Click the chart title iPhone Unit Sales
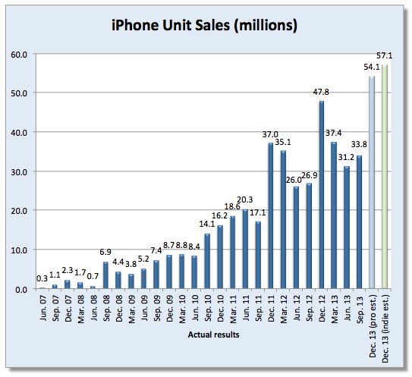(204, 25)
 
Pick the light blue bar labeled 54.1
(372, 182)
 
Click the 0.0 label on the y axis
(21, 289)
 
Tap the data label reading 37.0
(269, 134)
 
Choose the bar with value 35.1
(284, 220)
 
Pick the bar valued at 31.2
(347, 228)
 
